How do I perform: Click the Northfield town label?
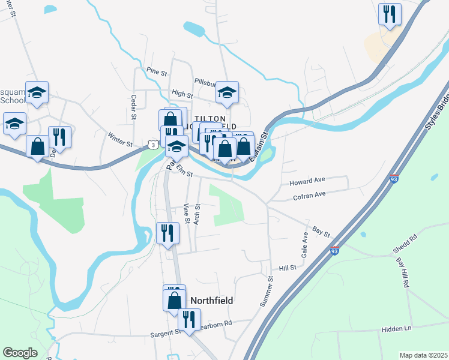click(211, 300)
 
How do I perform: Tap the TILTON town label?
click(209, 119)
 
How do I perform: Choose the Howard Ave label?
click(307, 180)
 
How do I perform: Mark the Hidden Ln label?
click(396, 329)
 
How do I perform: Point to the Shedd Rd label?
click(405, 244)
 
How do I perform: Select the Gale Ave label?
click(305, 245)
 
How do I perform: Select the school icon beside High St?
click(227, 92)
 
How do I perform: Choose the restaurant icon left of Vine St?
click(167, 232)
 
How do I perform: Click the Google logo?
click(20, 353)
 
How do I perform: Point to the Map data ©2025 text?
click(423, 355)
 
